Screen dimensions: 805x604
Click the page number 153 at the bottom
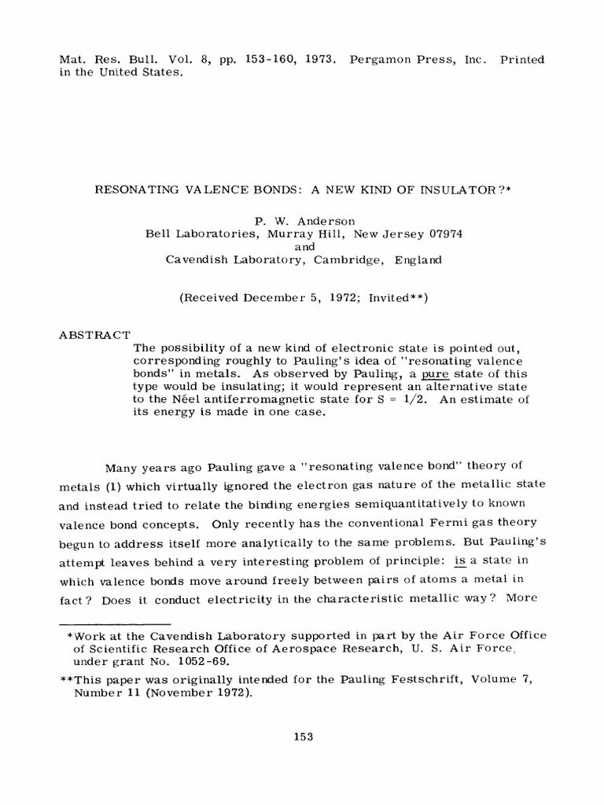(x=303, y=737)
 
